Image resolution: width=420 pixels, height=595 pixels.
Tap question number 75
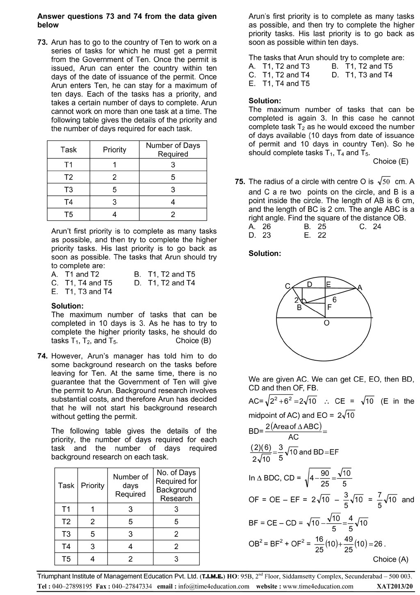[x=240, y=182]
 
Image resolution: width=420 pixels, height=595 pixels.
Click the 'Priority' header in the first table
[x=114, y=150]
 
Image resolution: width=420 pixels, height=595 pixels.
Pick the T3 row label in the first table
[x=68, y=190]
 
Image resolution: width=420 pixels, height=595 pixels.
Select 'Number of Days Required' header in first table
[x=173, y=150]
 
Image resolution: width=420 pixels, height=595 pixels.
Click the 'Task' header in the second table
[x=66, y=485]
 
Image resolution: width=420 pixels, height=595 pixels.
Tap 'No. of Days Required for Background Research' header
[x=176, y=485]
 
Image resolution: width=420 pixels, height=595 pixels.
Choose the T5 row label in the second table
[x=66, y=559]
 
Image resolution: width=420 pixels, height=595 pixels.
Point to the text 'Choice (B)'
[x=193, y=341]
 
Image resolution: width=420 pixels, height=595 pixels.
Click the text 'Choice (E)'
[x=390, y=162]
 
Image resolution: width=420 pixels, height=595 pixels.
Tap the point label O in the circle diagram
[x=326, y=323]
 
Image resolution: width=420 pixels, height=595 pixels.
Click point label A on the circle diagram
[x=360, y=288]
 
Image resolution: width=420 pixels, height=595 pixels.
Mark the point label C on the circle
[x=288, y=286]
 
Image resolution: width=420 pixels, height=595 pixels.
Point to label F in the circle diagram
[x=329, y=307]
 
